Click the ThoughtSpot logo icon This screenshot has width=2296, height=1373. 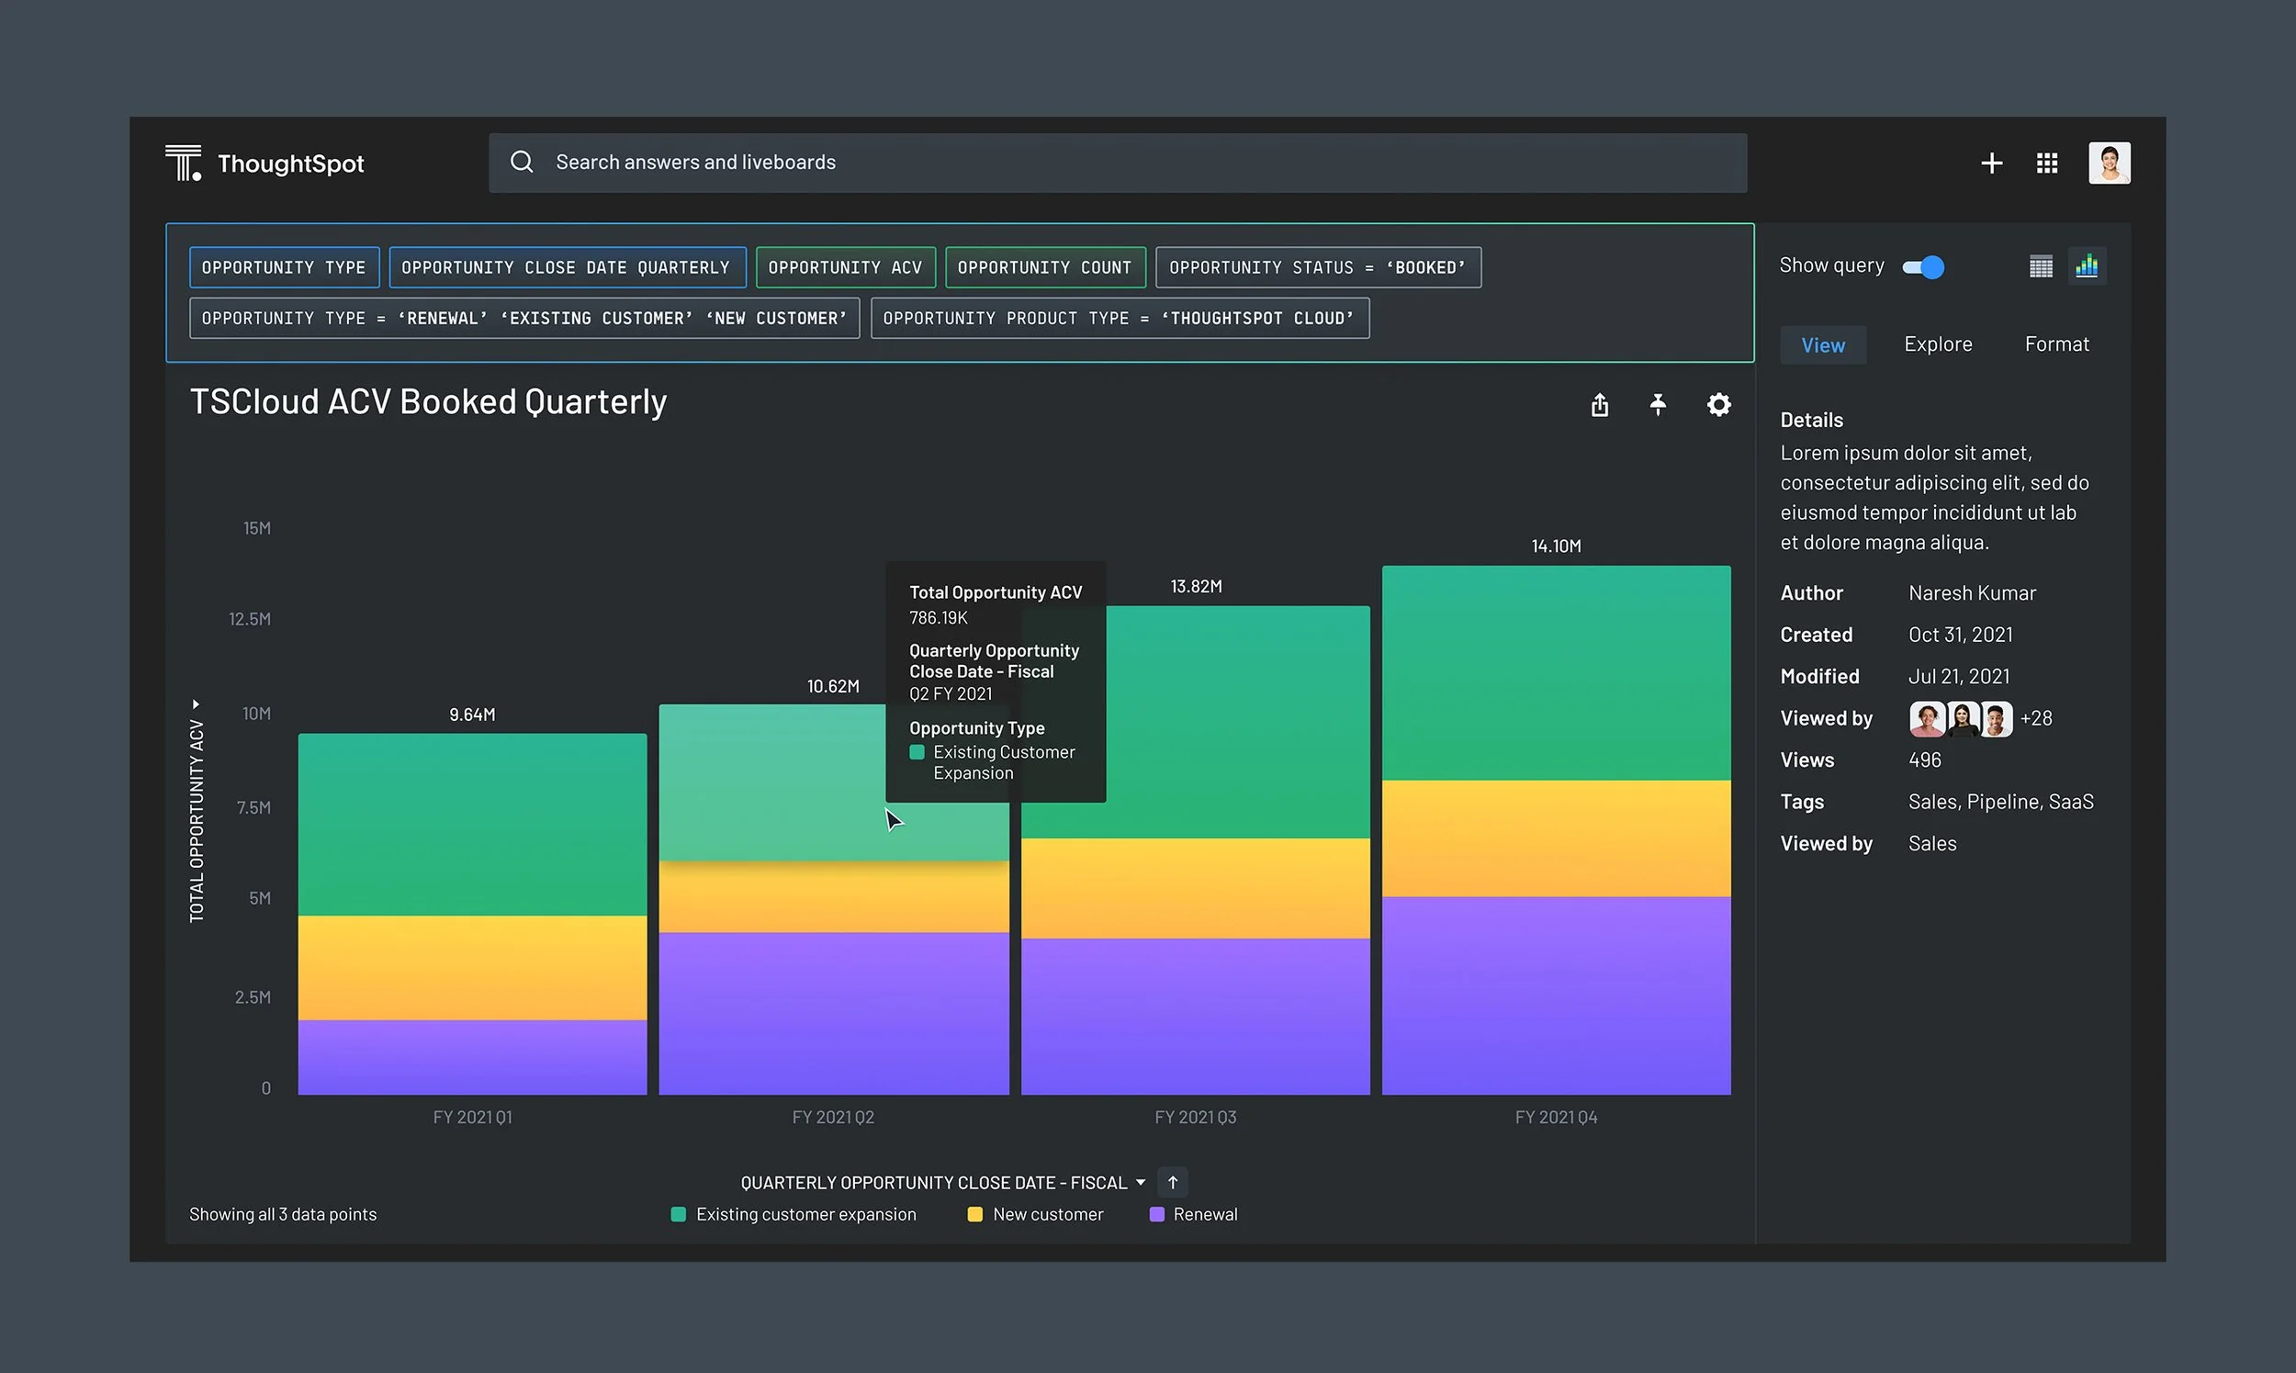pyautogui.click(x=183, y=163)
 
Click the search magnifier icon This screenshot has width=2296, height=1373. pyautogui.click(x=522, y=162)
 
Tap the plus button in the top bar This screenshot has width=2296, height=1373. pyautogui.click(x=1992, y=163)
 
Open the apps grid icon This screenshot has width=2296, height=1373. pyautogui.click(x=2047, y=163)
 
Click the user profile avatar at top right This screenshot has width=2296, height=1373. pyautogui.click(x=2110, y=163)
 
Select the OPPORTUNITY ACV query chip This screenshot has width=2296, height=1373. pyautogui.click(x=846, y=267)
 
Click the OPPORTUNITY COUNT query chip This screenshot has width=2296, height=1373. pyautogui.click(x=1045, y=267)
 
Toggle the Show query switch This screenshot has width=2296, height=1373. pyautogui.click(x=1923, y=267)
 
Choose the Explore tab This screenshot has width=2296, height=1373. pyautogui.click(x=1938, y=344)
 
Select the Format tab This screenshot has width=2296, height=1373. pyautogui.click(x=2056, y=344)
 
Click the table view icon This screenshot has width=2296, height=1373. pyautogui.click(x=2041, y=267)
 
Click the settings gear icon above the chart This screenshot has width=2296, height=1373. pyautogui.click(x=1718, y=405)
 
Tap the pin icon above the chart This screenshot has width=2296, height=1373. pyautogui.click(x=1658, y=405)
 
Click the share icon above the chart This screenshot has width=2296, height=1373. pyautogui.click(x=1600, y=405)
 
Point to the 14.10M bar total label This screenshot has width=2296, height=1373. pyautogui.click(x=1556, y=546)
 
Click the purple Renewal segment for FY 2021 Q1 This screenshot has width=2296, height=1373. pyautogui.click(x=472, y=1057)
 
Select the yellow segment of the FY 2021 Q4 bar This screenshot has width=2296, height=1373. pyautogui.click(x=1556, y=838)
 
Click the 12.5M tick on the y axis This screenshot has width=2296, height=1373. pyautogui.click(x=250, y=618)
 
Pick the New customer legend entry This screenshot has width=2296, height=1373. pyautogui.click(x=1035, y=1214)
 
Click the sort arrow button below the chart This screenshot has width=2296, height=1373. pyautogui.click(x=1172, y=1182)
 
